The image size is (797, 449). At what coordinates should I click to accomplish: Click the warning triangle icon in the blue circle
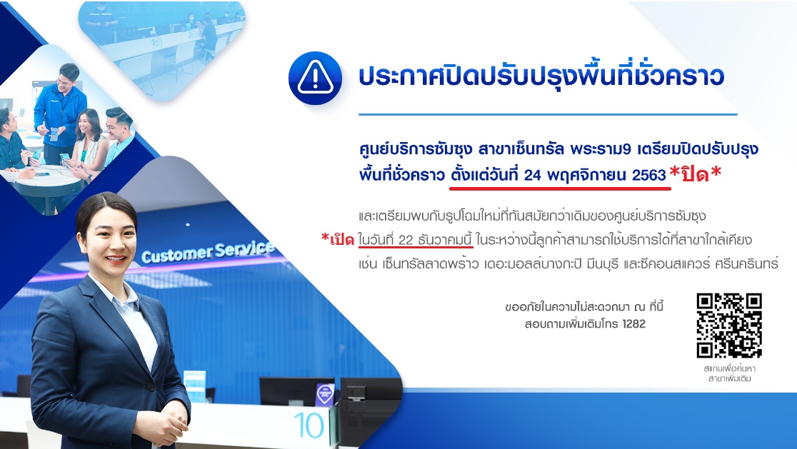coord(315,79)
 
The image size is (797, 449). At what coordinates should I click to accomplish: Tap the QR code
coord(729,326)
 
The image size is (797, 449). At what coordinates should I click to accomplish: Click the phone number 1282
coord(633,323)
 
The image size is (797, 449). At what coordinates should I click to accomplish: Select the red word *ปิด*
coord(696,173)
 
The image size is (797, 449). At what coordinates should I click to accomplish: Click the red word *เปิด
coord(338,238)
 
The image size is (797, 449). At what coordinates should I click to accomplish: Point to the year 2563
coord(649,175)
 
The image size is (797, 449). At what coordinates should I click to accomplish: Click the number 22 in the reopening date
coord(405,240)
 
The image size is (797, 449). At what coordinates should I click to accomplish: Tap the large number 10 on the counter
coord(308,425)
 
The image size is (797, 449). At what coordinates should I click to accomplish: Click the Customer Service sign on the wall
coord(208,252)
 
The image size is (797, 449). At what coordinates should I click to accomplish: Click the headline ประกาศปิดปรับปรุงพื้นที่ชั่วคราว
coord(541,76)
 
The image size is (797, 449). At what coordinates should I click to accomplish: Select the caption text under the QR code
coord(729,373)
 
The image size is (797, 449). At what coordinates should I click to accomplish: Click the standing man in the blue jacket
coord(60,113)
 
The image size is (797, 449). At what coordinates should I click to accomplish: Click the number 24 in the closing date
coord(532,175)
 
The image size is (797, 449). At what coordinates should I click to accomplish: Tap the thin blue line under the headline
coord(548,115)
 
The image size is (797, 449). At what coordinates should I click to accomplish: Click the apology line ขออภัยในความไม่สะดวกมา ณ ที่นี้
coord(584,307)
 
